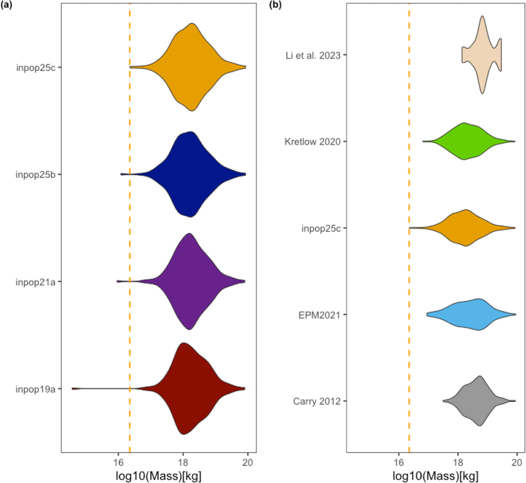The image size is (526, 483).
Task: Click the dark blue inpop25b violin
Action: (x=188, y=174)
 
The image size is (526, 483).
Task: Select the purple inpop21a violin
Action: (x=188, y=281)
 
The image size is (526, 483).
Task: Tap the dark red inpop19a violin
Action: (x=184, y=388)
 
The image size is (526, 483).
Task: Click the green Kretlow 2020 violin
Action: (x=465, y=141)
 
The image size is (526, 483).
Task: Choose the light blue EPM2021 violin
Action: (x=473, y=314)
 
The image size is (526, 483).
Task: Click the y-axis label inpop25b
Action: (x=36, y=174)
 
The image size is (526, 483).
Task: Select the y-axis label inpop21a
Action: (x=36, y=281)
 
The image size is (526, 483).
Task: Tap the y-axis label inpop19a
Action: (x=36, y=388)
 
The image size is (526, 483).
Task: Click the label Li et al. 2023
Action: (x=313, y=55)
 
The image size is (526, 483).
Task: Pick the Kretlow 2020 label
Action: (x=313, y=142)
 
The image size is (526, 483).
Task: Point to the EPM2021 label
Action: (x=320, y=315)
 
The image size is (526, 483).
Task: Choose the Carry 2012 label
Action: (x=317, y=401)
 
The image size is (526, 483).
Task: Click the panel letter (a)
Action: (x=7, y=5)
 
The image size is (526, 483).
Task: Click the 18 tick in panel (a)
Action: (x=183, y=462)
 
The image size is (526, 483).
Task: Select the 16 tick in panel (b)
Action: (x=398, y=462)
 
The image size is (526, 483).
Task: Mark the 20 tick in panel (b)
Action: (x=517, y=462)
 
